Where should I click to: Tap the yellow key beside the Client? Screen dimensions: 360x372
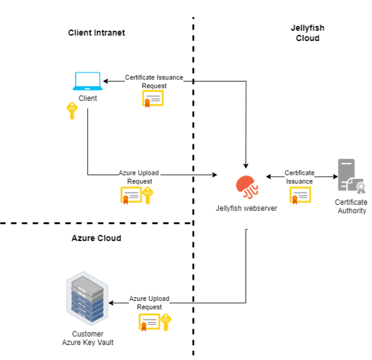(72, 111)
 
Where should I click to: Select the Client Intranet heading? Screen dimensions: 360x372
(97, 33)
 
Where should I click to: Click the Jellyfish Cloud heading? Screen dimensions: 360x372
(307, 33)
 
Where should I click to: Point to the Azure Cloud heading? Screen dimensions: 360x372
(96, 238)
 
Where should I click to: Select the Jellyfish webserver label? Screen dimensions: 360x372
(246, 208)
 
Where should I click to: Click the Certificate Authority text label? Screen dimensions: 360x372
(351, 206)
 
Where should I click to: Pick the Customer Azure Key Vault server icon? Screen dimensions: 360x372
(87, 298)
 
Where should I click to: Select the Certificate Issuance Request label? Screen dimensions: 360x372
(154, 81)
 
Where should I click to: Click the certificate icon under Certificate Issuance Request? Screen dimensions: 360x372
(153, 98)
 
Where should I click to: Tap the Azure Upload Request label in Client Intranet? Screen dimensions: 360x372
(139, 177)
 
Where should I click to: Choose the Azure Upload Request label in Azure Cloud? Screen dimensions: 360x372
(149, 303)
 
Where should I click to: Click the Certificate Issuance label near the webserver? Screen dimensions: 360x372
(299, 177)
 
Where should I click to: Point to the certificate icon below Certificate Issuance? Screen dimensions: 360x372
(300, 195)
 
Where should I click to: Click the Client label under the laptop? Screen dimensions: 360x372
(88, 98)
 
